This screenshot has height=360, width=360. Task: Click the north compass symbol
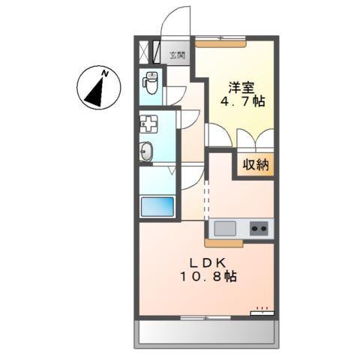[99, 88]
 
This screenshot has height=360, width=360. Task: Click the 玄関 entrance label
[177, 54]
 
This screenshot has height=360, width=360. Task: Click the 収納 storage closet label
[256, 164]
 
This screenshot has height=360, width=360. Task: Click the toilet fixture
[151, 82]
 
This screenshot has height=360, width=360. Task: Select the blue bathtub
[157, 206]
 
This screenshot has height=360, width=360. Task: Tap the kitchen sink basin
[224, 228]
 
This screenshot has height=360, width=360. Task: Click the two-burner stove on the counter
[259, 228]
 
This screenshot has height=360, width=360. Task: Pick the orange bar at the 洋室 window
[221, 43]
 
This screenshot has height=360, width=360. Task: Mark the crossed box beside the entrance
[144, 52]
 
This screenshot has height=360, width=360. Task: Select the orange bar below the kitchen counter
[223, 243]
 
